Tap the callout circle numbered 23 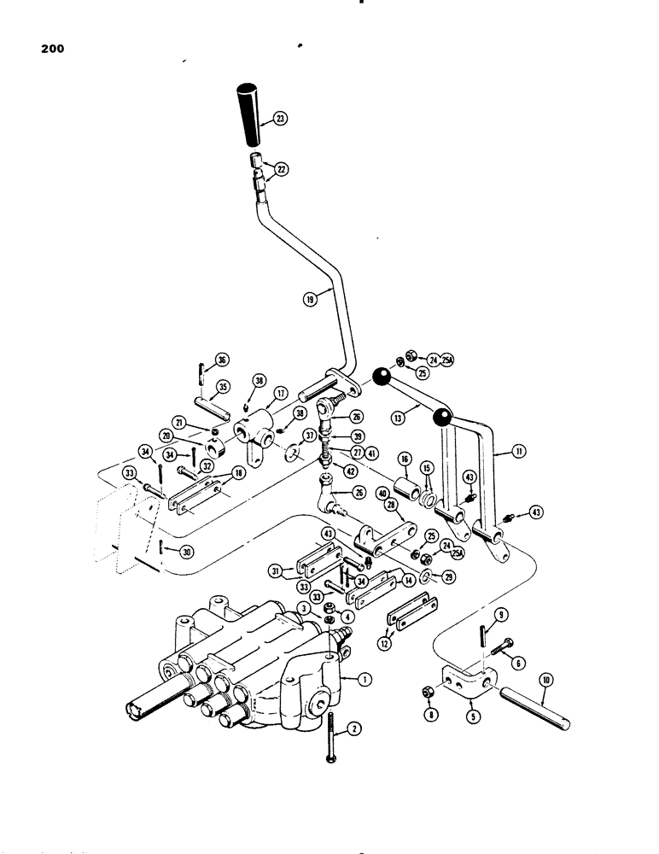279,120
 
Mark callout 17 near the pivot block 279,394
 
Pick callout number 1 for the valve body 364,680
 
